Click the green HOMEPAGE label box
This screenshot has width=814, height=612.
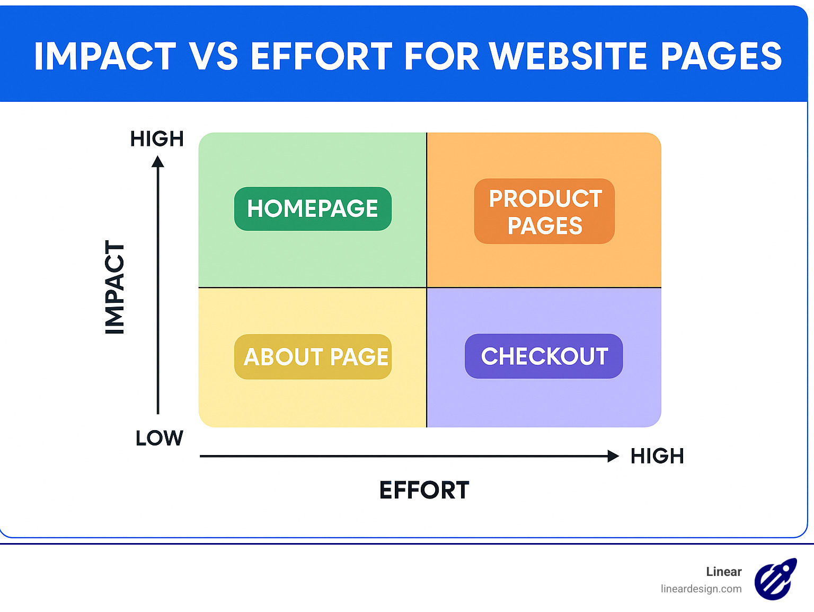(x=313, y=208)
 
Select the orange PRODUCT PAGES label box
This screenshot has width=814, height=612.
(x=544, y=212)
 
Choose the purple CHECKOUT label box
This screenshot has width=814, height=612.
(x=544, y=356)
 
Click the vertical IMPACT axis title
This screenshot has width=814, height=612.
(x=114, y=287)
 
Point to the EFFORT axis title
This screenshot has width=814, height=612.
(x=424, y=490)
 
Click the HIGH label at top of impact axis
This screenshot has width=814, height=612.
(x=157, y=139)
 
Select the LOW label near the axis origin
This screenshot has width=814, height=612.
(x=159, y=439)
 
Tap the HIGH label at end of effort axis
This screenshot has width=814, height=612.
(x=657, y=456)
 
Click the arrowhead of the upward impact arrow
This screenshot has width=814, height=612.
(x=158, y=161)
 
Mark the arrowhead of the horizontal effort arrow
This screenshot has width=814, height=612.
(x=613, y=456)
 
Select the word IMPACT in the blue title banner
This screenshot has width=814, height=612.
(x=105, y=56)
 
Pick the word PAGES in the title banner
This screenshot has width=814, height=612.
(x=721, y=56)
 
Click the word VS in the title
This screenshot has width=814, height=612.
(x=214, y=56)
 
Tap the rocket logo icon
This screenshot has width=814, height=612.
(x=775, y=579)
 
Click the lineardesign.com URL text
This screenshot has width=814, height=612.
(x=701, y=589)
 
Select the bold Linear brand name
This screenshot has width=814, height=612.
(x=723, y=572)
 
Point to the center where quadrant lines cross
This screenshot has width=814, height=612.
(x=427, y=287)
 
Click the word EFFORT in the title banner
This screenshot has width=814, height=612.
(x=321, y=56)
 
